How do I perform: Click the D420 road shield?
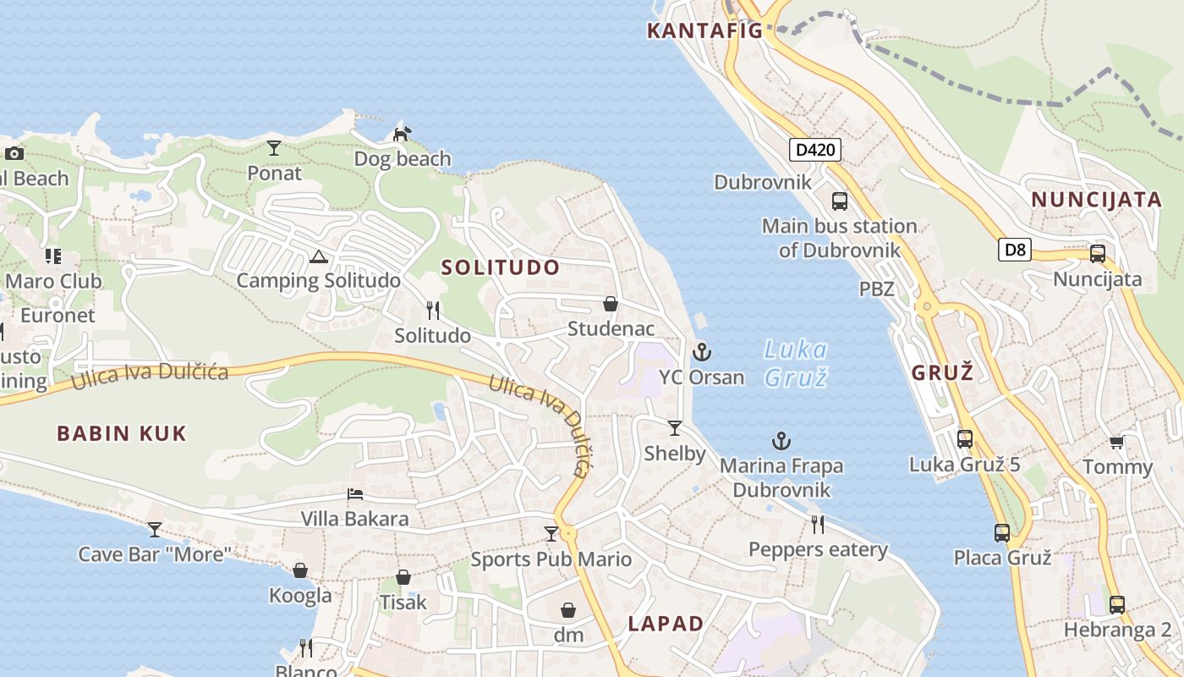815,151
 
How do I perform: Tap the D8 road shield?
1015,250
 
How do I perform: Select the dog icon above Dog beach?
403,134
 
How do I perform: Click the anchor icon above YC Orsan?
701,351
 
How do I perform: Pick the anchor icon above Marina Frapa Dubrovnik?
781,441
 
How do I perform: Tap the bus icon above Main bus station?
839,201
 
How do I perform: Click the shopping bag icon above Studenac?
610,304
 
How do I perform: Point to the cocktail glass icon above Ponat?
274,148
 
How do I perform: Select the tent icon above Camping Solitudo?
318,256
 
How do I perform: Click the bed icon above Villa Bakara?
355,494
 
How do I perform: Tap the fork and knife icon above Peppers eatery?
818,525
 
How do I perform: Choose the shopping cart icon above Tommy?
1116,442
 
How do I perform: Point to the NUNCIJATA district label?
1096,200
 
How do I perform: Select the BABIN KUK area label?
122,434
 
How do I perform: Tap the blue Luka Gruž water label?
795,363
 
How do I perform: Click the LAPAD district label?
666,625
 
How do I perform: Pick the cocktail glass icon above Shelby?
674,428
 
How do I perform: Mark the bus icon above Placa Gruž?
1002,533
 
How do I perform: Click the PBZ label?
876,289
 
